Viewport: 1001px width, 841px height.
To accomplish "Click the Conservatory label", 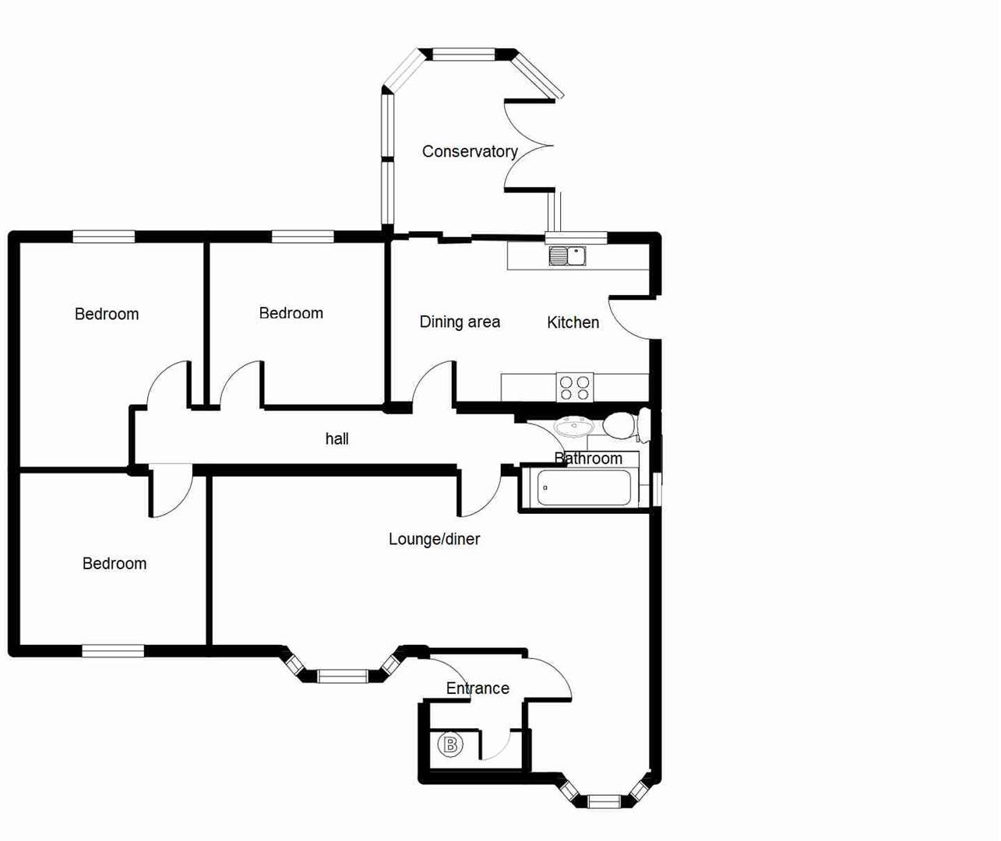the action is click(470, 152).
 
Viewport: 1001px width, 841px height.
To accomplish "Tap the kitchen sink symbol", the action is click(567, 255).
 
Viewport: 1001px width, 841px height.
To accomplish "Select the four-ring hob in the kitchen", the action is click(575, 388).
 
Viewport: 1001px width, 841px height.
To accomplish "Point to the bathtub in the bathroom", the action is click(583, 488).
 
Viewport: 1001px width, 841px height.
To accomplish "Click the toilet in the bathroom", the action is click(621, 426).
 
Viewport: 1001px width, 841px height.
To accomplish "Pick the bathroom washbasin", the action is click(574, 426).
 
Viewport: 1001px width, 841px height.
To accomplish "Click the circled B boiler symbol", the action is click(450, 745).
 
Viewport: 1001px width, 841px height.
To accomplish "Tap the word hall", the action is click(337, 439).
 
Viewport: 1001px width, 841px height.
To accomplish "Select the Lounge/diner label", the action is click(434, 539).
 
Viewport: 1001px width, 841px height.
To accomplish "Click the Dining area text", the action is click(460, 322).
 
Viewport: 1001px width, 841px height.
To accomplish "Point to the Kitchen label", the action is click(573, 322).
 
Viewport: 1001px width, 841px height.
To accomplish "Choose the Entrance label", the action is click(478, 688).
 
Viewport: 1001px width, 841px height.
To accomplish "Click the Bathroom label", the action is click(588, 459).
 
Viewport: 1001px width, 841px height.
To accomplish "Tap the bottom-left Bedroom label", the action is click(115, 564).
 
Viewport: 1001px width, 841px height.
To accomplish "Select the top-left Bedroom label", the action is click(107, 315).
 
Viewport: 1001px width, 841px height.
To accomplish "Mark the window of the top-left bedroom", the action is click(104, 237).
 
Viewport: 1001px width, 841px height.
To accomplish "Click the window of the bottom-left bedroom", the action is click(113, 651).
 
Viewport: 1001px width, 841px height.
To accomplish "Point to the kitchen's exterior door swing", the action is click(631, 319).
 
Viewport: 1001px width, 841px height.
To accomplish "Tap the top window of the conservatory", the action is click(463, 55).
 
